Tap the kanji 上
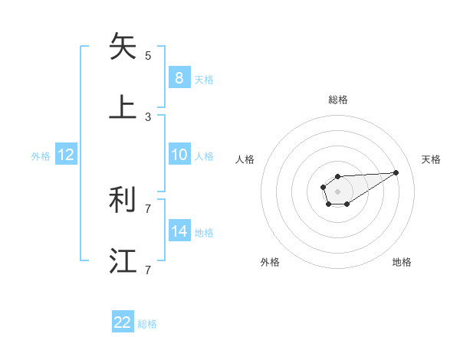[x=123, y=106]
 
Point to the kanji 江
[x=123, y=260]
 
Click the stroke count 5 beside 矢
[x=148, y=56]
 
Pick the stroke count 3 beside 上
[x=148, y=117]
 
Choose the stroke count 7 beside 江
[x=148, y=270]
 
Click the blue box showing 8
[x=179, y=77]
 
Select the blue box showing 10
[x=179, y=155]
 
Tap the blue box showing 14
[x=179, y=231]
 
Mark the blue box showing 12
[x=66, y=155]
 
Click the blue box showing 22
[x=123, y=322]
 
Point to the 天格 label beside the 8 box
[x=204, y=79]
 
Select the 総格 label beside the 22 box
[x=147, y=324]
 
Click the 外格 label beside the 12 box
[x=41, y=156]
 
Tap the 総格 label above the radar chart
[x=338, y=100]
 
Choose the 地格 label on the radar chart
[x=402, y=262]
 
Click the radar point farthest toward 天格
[x=396, y=172]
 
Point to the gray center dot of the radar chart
[x=337, y=190]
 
